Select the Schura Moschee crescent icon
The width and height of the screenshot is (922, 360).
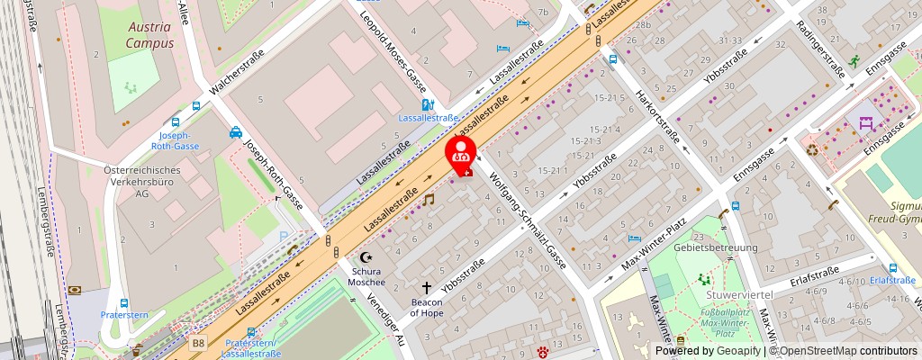[366, 257]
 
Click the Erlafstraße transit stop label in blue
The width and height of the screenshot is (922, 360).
[893, 280]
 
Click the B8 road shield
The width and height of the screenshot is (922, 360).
[199, 342]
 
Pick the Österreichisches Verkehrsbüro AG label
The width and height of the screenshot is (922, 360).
[141, 181]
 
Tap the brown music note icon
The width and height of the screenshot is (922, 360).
[429, 199]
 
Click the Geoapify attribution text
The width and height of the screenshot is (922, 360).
[719, 350]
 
